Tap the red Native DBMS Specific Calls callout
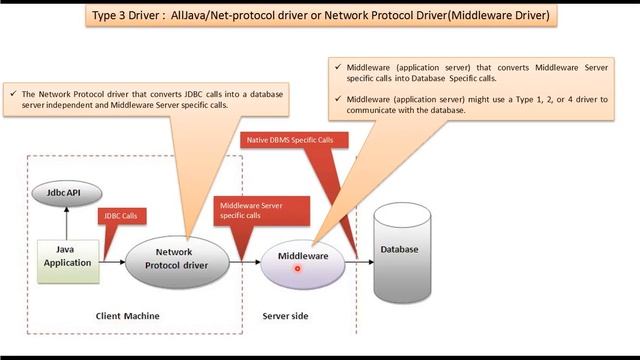pyautogui.click(x=290, y=141)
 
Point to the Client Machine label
pyautogui.click(x=127, y=317)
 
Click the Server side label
pyautogui.click(x=285, y=317)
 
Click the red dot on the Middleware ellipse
pyautogui.click(x=298, y=269)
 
